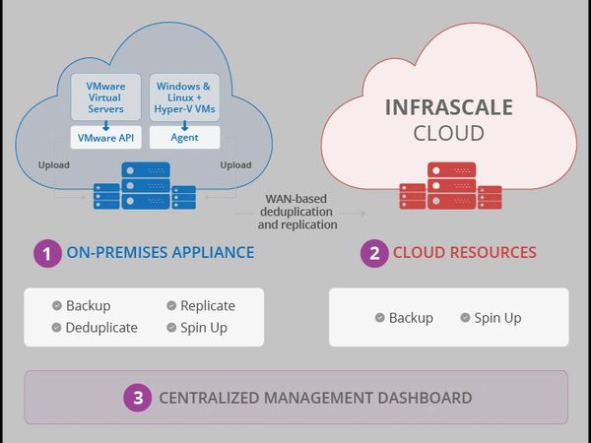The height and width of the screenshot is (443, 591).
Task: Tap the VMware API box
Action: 106,138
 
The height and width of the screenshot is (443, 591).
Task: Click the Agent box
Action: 184,138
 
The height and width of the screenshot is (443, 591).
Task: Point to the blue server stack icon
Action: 145,187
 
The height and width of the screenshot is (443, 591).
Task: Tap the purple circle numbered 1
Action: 47,253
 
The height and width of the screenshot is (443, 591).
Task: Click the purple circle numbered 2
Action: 373,253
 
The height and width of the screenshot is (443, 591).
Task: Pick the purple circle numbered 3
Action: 138,398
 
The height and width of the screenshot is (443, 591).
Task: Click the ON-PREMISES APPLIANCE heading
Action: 160,253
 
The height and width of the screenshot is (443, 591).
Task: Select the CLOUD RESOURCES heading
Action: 465,253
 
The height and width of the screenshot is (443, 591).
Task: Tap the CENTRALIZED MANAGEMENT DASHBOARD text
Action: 315,398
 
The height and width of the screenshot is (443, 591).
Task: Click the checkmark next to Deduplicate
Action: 56,327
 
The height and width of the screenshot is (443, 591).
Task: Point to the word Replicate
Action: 207,305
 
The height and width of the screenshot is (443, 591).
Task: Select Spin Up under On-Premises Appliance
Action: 203,327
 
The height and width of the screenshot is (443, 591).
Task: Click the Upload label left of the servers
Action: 54,164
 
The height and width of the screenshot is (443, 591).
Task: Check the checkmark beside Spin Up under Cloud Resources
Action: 466,318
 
